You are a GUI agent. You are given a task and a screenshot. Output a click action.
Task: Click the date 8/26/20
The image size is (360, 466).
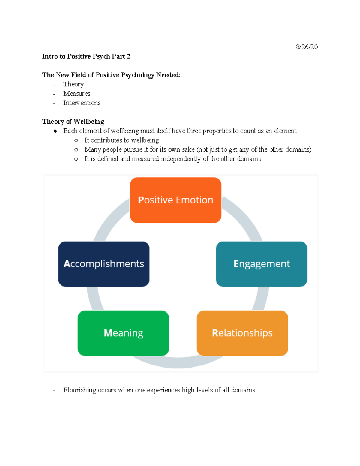click(307, 47)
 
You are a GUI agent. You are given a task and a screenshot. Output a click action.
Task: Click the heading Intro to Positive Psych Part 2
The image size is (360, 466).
click(86, 56)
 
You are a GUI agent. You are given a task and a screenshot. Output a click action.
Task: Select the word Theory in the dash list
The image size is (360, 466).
click(73, 84)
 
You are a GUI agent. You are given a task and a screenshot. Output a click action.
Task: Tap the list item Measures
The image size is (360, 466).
click(77, 94)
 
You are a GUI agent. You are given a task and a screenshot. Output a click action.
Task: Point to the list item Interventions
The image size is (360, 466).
click(82, 103)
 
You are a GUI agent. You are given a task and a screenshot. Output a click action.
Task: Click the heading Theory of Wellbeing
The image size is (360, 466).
click(73, 122)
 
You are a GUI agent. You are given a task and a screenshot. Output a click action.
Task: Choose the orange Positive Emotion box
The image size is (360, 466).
click(175, 200)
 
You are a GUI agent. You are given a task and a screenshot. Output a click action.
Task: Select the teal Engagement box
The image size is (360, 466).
click(262, 264)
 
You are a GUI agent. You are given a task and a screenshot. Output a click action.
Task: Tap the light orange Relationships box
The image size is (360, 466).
click(242, 333)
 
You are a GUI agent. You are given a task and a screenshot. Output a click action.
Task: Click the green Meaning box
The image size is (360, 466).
click(123, 333)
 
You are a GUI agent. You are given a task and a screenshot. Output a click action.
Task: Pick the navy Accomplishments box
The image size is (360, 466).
click(104, 264)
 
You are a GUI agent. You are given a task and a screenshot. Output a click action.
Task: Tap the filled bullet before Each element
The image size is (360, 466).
click(55, 131)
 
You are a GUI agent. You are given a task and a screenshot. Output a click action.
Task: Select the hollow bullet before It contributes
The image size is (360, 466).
click(76, 140)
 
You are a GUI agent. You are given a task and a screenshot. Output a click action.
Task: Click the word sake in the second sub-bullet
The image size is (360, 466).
click(188, 149)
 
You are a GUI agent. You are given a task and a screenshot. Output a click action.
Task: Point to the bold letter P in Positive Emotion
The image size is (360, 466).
click(141, 200)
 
